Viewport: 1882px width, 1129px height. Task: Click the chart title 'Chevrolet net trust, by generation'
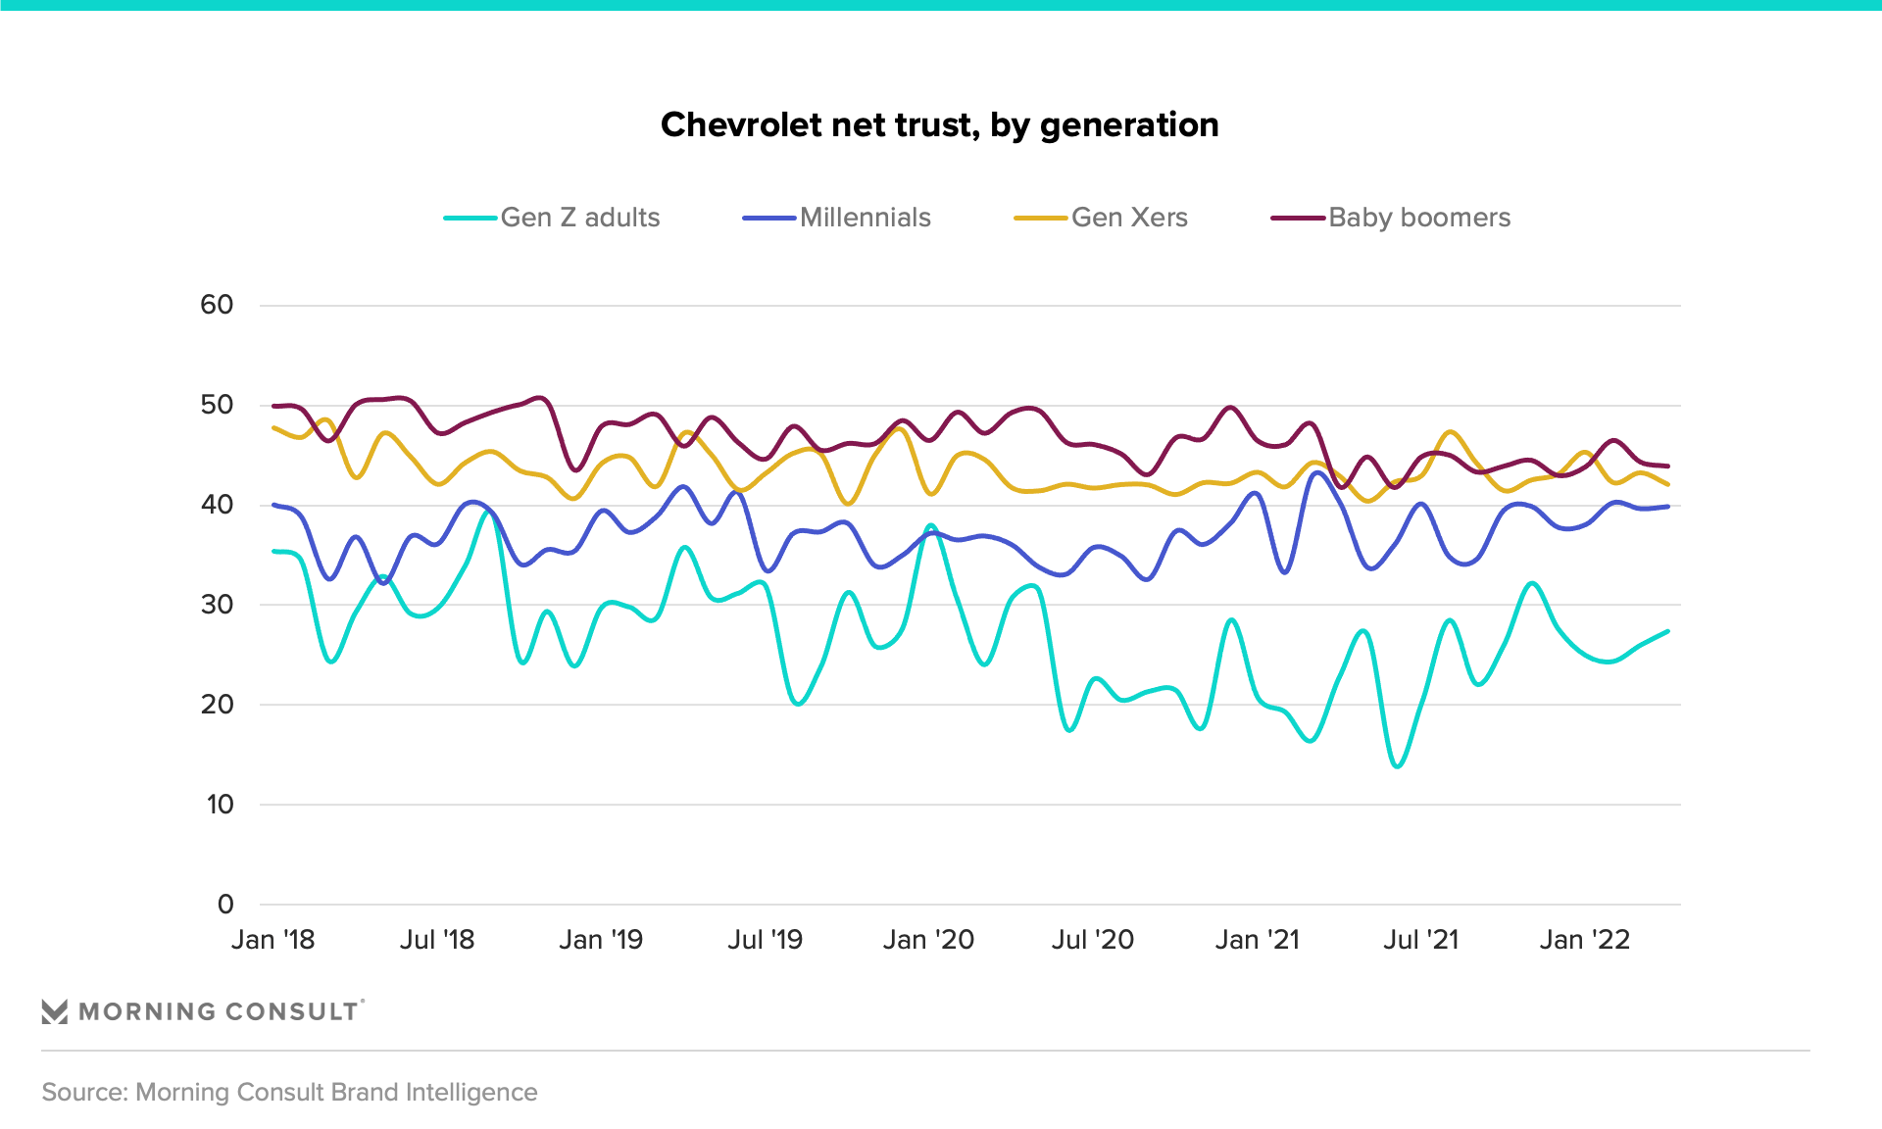pos(939,125)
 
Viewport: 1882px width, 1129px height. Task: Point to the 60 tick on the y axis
pos(217,305)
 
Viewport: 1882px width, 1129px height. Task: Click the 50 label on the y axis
pos(217,405)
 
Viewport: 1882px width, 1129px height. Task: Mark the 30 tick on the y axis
pos(217,605)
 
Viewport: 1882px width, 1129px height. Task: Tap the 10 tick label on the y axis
pos(220,805)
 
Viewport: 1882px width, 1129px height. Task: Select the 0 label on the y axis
pos(225,905)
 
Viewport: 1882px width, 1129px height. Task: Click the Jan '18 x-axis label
pos(272,940)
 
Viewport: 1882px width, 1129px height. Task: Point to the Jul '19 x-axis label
pos(765,940)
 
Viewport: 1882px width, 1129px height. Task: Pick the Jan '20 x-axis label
pos(928,940)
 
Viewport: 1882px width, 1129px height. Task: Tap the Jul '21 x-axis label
pos(1420,940)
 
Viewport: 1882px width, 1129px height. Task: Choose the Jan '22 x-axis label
pos(1584,940)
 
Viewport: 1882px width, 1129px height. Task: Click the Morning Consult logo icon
pos(55,1011)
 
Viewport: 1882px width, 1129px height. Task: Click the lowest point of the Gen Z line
pos(1398,766)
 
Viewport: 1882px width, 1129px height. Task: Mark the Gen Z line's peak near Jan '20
pos(930,525)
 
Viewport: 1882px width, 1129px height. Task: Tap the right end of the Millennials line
pos(1668,507)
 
